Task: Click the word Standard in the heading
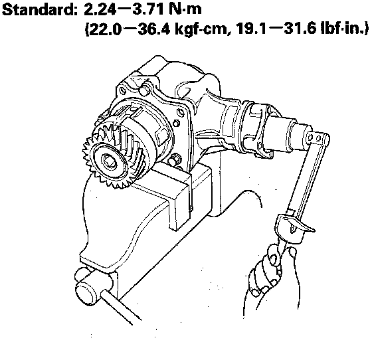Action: (40, 10)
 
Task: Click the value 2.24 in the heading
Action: (100, 10)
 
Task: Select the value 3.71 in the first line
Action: (149, 10)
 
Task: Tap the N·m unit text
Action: (186, 10)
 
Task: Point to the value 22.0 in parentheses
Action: (104, 29)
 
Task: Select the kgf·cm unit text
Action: (203, 29)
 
